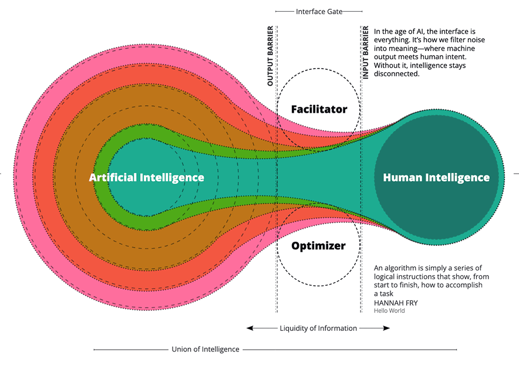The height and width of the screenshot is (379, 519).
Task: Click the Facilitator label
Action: [319, 109]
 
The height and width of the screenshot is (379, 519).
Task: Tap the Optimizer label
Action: [318, 246]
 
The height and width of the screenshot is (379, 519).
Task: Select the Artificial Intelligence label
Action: [147, 178]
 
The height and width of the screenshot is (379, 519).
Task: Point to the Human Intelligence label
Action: [436, 178]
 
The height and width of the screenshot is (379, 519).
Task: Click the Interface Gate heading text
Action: [319, 12]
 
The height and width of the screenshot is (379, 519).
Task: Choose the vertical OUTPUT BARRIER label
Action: [270, 56]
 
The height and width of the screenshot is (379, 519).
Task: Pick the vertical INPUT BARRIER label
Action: [365, 53]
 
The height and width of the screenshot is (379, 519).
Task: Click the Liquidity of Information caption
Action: [318, 329]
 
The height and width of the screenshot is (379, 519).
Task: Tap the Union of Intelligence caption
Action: [205, 349]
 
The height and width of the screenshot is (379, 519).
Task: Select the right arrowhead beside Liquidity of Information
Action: [386, 328]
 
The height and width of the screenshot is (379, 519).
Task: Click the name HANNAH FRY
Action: [396, 303]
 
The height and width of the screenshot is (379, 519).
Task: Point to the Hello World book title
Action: [389, 310]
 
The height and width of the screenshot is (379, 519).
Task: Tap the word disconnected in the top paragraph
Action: [396, 74]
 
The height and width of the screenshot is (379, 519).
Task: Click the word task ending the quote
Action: [386, 294]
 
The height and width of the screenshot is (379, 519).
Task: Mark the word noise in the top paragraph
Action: [476, 40]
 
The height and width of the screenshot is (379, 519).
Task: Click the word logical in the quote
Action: [385, 277]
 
